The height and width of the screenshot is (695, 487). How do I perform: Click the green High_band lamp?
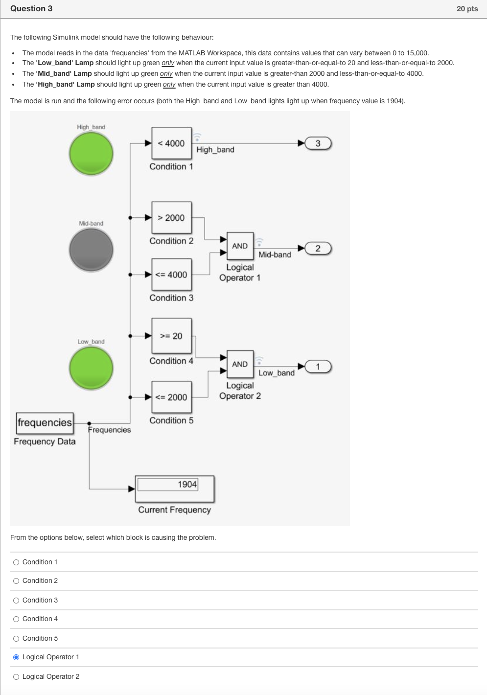point(91,154)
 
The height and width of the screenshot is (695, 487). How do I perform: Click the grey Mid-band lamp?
point(91,250)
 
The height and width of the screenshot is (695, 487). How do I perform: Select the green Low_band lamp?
point(91,368)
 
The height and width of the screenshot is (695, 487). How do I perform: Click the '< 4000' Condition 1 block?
point(171,143)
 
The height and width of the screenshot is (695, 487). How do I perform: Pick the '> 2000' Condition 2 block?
point(171,218)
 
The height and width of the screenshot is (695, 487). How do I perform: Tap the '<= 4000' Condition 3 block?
point(171,275)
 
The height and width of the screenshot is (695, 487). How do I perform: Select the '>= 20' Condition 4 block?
point(171,336)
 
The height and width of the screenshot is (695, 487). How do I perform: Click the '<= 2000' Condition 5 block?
point(171,397)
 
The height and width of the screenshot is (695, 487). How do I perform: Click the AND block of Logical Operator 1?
point(240,246)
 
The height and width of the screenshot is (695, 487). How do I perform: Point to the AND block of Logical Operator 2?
point(240,364)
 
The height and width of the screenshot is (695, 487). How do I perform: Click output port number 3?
point(318,143)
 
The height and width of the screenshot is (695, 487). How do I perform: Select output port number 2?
point(318,249)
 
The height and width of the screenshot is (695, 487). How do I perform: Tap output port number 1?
point(318,367)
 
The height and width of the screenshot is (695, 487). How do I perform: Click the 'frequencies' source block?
point(45,423)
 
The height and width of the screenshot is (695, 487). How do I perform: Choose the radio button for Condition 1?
point(16,562)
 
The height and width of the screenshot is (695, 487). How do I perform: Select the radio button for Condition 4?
point(16,619)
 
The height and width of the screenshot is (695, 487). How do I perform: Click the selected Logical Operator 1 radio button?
point(16,657)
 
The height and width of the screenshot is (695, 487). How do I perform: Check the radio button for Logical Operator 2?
point(16,677)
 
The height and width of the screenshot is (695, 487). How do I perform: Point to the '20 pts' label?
point(467,9)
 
